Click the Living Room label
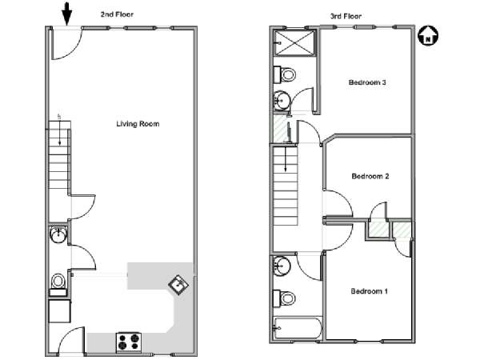coord(138,124)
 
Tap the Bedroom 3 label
coord(367,82)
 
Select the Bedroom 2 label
coord(370,176)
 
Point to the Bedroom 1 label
coord(369,291)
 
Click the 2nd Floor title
coord(117,14)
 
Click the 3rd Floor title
coord(346,16)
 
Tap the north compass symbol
coord(428,35)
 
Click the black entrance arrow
coord(66,14)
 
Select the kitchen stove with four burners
coord(129,342)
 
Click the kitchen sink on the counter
coord(178,285)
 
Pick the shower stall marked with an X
coord(294,43)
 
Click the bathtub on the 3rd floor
coord(298,328)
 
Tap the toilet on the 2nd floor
coord(58,285)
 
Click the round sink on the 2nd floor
coord(58,234)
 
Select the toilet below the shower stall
coord(284,74)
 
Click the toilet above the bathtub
coord(284,298)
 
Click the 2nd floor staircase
coord(60,155)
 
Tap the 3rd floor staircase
coord(286,186)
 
